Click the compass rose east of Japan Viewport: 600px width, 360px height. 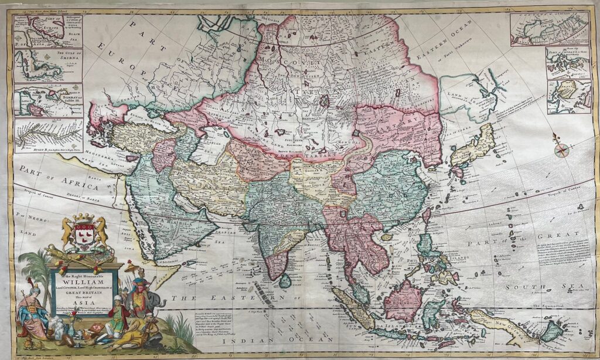tap(561, 148)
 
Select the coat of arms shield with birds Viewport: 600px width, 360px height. tap(84, 237)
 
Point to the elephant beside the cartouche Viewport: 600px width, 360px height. tap(151, 303)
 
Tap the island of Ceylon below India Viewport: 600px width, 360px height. tap(285, 281)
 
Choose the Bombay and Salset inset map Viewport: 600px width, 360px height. tap(48, 101)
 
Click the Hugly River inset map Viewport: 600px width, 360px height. tap(48, 134)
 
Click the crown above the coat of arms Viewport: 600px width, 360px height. tap(84, 219)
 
